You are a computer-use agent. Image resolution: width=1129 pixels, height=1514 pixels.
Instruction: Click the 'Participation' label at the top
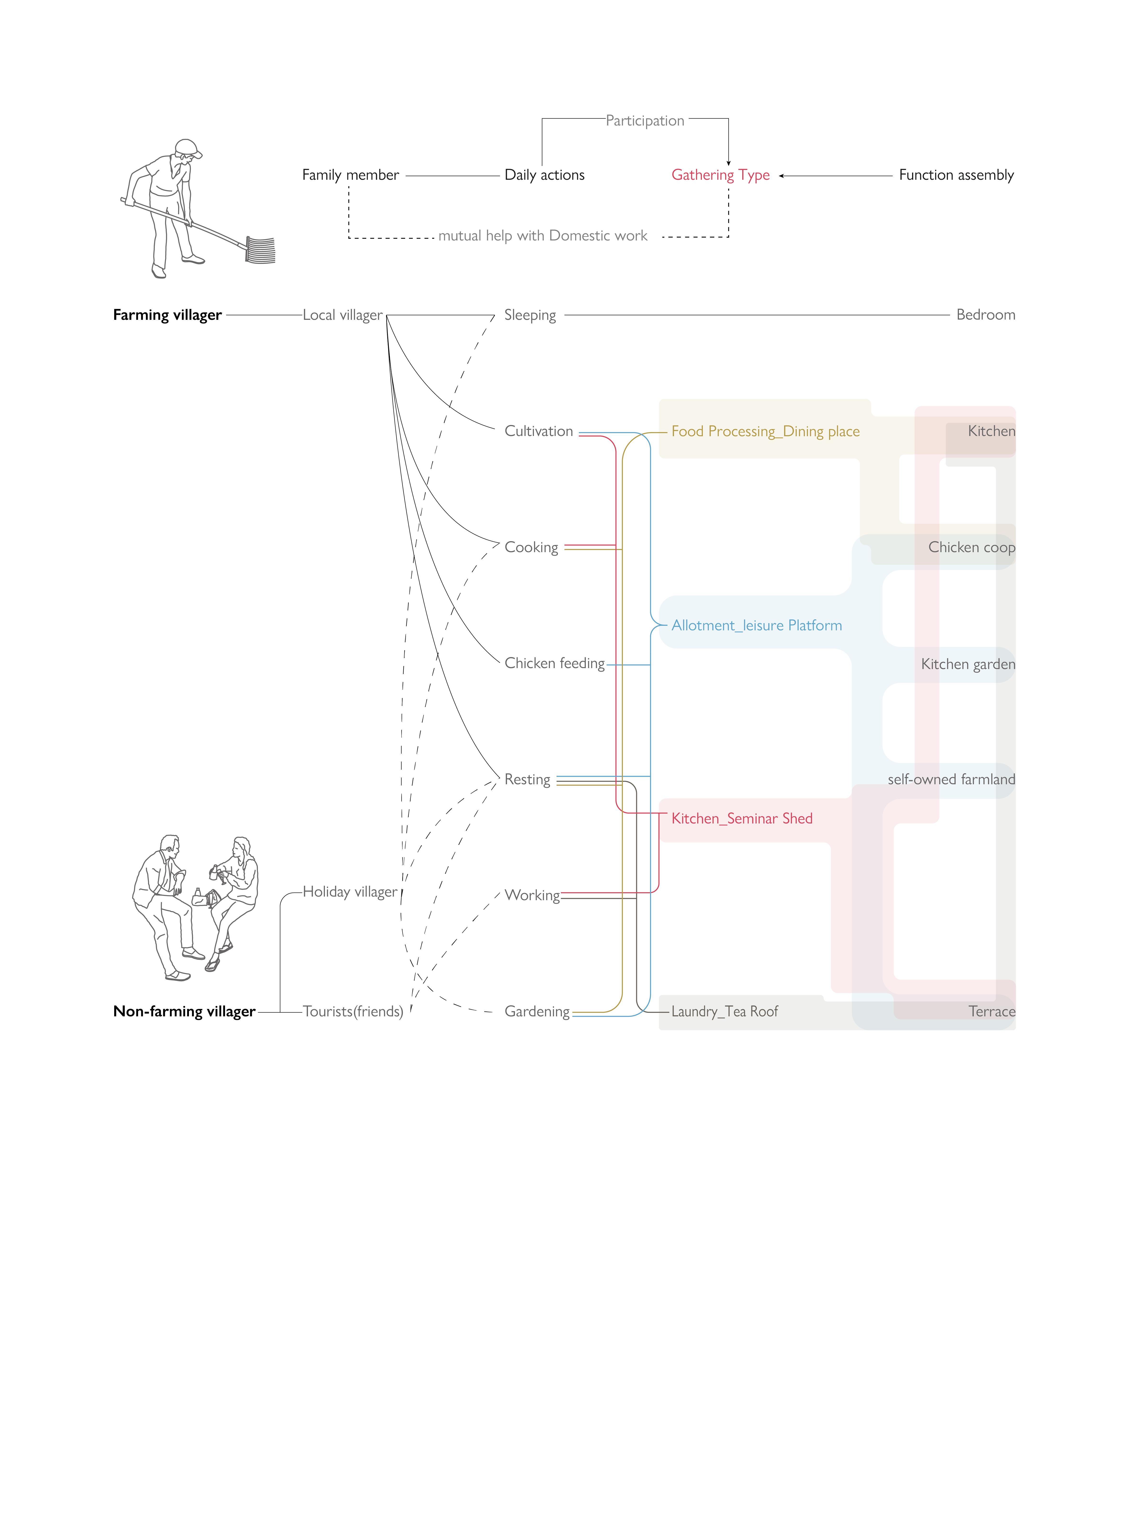pos(645,121)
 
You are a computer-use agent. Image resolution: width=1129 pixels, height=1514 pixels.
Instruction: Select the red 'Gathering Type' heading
pos(720,175)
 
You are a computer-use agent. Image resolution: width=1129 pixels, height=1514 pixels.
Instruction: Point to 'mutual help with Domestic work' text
pos(543,236)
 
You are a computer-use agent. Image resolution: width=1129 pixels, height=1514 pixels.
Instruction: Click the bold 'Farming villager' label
pos(167,315)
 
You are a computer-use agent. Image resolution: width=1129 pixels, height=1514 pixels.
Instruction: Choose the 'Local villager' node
pos(342,315)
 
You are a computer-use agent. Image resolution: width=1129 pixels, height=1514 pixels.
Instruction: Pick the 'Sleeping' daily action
pos(530,315)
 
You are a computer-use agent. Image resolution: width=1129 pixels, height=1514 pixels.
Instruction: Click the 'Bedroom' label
pos(985,315)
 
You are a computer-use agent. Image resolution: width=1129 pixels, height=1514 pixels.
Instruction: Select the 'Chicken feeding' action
pos(554,663)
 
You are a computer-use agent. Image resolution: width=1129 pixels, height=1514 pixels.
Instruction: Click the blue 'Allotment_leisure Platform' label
pos(757,626)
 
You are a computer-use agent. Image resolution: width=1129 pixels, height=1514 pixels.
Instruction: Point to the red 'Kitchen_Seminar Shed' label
pos(742,818)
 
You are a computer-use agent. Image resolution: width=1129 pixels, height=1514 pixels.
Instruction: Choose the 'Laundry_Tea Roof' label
pos(724,1011)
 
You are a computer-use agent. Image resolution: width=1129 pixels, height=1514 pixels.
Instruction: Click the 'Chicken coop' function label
pos(971,548)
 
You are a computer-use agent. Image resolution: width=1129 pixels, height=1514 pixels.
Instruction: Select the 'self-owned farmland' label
pos(951,779)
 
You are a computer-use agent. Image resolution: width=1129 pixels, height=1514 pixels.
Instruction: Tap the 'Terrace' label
pos(992,1011)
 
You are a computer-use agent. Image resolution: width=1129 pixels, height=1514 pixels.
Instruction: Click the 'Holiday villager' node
pos(349,892)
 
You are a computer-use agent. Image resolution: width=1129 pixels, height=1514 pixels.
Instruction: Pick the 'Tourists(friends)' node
pos(353,1011)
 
